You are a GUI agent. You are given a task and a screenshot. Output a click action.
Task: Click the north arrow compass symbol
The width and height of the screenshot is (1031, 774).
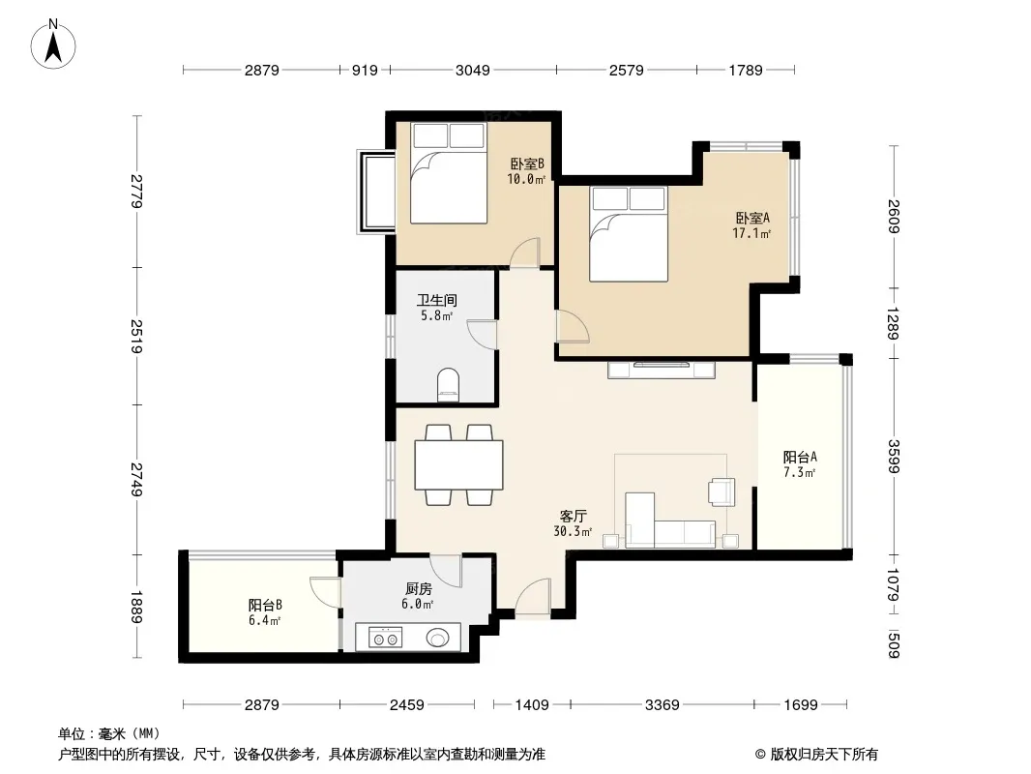[53, 45]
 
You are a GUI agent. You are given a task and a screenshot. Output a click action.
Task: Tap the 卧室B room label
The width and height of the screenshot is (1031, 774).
[527, 164]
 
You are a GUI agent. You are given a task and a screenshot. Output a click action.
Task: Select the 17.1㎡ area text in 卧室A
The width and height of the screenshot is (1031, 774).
[751, 233]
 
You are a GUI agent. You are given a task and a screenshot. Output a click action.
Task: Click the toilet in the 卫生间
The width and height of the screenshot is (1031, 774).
[449, 385]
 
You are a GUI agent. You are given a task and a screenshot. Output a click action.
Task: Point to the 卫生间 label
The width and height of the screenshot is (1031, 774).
[436, 301]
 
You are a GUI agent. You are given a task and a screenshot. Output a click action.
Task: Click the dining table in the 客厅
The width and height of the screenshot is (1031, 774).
[459, 465]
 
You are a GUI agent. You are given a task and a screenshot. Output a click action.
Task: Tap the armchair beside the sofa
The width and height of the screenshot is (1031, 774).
[722, 491]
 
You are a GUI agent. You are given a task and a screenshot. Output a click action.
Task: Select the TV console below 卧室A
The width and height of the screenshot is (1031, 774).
[662, 370]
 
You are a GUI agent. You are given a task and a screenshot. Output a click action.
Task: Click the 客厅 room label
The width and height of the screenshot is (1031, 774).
[574, 517]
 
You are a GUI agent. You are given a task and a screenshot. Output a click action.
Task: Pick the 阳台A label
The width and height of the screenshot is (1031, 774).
[800, 457]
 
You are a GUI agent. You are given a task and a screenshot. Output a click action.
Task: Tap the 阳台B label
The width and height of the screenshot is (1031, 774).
[265, 605]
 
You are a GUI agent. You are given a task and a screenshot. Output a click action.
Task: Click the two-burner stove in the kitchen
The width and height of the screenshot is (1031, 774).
[385, 638]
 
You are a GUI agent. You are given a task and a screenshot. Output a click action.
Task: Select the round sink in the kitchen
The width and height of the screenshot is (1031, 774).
[438, 638]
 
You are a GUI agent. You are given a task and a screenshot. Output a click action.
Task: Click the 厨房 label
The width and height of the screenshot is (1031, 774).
[418, 588]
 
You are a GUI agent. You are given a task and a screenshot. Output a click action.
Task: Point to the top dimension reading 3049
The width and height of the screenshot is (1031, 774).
[473, 70]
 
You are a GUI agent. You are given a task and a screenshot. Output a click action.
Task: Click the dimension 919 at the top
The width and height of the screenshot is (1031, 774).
[365, 70]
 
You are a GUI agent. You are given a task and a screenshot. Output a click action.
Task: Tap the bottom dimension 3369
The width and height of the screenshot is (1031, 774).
[663, 705]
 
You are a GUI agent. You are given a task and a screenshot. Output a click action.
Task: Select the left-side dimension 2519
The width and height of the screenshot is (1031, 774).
[136, 336]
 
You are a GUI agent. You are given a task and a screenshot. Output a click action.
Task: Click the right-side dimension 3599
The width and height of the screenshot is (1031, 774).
[893, 457]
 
